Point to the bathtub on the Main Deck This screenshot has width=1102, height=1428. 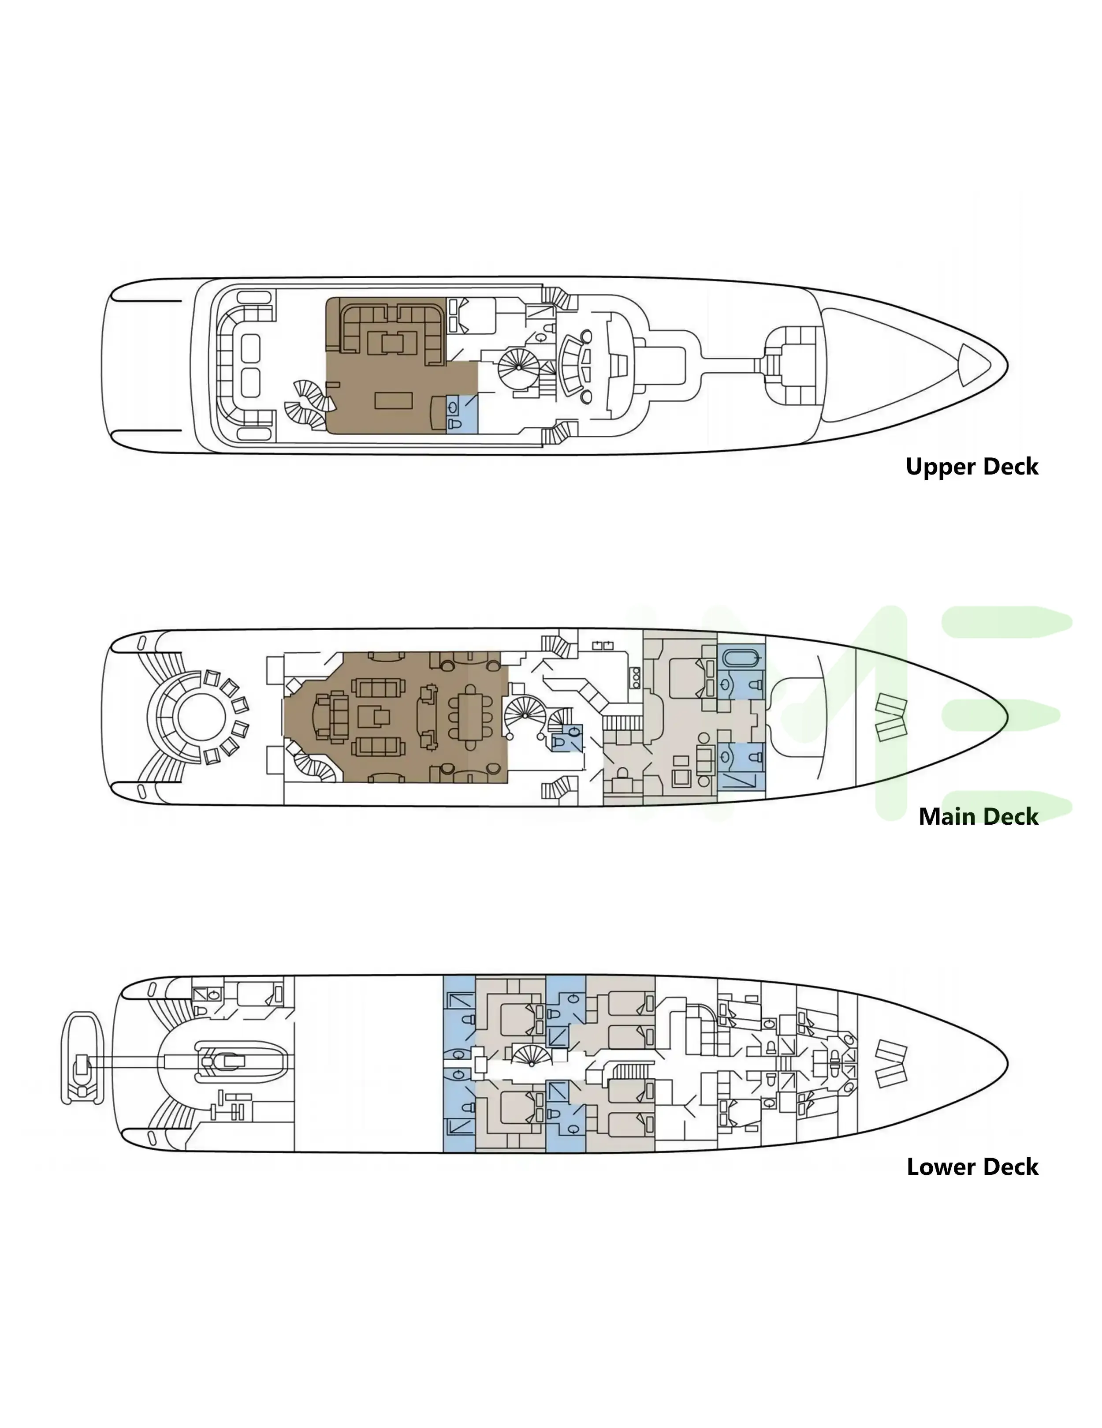point(741,656)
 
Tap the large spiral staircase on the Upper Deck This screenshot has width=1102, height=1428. point(518,367)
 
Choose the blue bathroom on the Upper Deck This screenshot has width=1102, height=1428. point(462,413)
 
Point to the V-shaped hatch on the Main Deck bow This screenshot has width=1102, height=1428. point(890,717)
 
